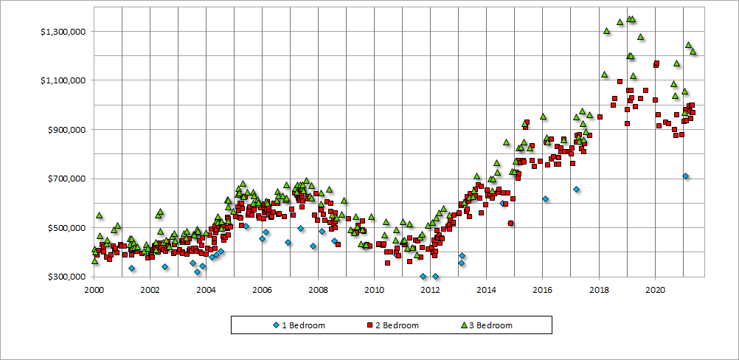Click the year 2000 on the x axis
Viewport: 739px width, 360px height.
click(94, 289)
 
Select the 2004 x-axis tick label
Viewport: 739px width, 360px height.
click(206, 289)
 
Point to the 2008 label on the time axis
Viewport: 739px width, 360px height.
click(318, 289)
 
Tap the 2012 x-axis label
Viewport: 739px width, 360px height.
click(430, 289)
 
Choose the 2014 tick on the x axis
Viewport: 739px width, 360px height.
click(486, 289)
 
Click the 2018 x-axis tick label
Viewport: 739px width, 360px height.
click(599, 289)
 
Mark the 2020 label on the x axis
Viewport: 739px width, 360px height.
click(655, 289)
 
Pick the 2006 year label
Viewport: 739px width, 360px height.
click(262, 289)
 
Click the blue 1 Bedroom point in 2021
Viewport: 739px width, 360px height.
click(686, 176)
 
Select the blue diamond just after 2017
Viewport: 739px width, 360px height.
click(576, 190)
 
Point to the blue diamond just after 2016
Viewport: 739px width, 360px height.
click(545, 199)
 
